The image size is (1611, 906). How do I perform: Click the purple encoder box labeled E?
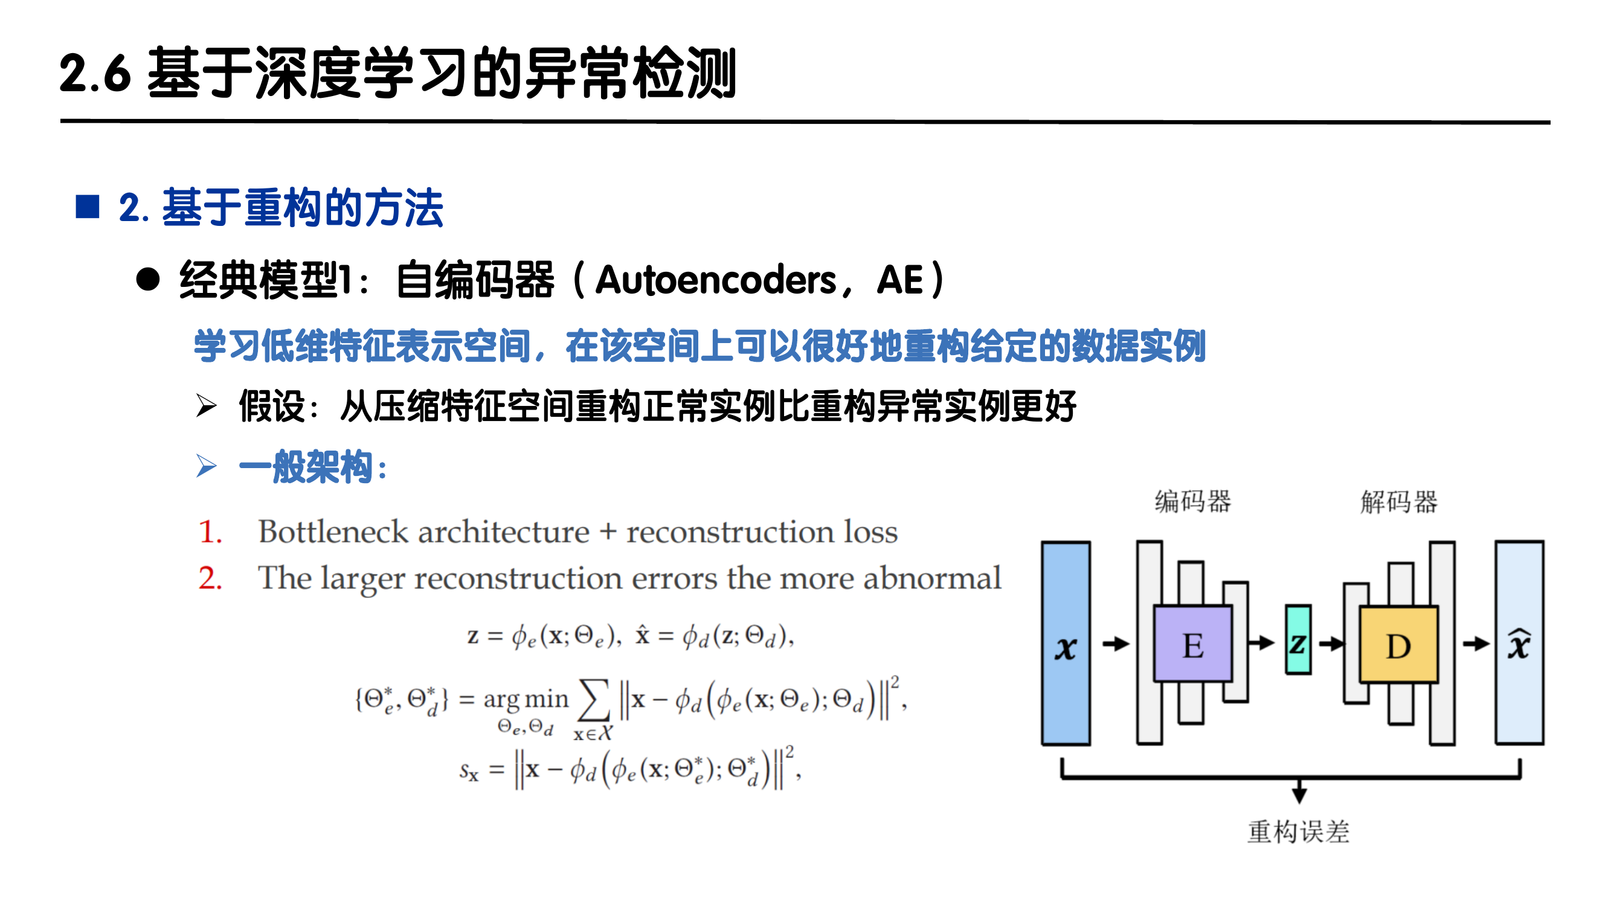(x=1192, y=643)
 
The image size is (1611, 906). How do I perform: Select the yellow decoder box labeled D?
(x=1398, y=644)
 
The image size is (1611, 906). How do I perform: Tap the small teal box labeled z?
(x=1297, y=640)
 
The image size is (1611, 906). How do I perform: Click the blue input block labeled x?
(x=1066, y=643)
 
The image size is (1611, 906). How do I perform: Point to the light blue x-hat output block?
(x=1519, y=643)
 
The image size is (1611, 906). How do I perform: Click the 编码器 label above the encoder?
(x=1192, y=501)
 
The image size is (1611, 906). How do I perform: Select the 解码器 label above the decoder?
(x=1399, y=501)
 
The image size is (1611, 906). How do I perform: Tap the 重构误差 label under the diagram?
(x=1298, y=832)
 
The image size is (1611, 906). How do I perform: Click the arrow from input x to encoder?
(x=1115, y=643)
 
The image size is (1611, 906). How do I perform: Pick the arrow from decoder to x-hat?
(x=1476, y=643)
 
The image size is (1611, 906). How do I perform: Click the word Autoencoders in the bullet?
(x=715, y=280)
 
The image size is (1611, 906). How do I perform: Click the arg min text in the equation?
(x=526, y=699)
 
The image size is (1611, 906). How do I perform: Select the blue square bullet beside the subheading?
(x=88, y=207)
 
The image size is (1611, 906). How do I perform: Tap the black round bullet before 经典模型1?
(x=148, y=280)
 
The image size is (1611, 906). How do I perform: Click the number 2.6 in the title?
(x=95, y=74)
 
